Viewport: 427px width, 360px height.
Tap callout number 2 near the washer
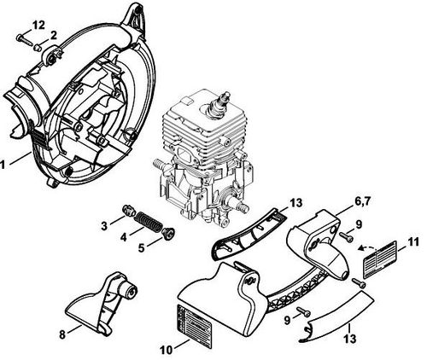[53, 35]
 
